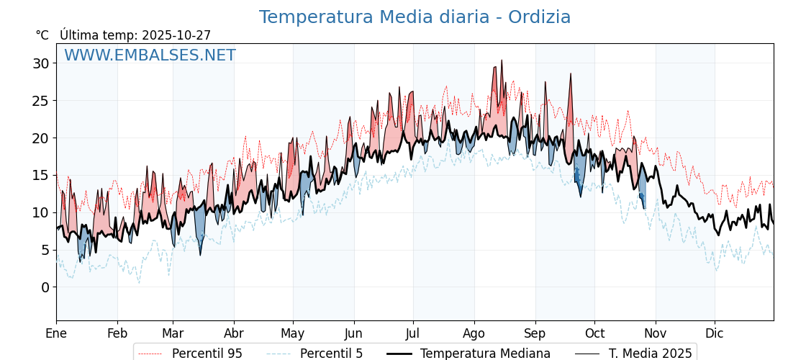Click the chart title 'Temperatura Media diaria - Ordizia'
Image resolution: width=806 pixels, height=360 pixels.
point(415,17)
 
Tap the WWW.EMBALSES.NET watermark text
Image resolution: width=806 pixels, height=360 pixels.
point(150,55)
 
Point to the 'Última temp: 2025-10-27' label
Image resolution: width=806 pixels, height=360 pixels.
point(135,35)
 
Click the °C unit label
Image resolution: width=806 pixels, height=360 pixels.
point(42,35)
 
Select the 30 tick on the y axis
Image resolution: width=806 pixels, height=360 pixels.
point(40,63)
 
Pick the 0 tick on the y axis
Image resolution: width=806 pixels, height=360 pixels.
point(45,287)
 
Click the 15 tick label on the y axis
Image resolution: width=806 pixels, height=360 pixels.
point(40,175)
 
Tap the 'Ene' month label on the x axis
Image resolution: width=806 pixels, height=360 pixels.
point(56,333)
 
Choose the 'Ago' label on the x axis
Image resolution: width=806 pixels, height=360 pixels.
point(474,333)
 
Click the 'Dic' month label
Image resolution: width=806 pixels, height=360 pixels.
point(715,333)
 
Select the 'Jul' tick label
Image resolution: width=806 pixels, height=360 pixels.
point(413,333)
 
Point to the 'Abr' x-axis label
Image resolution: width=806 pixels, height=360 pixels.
point(234,333)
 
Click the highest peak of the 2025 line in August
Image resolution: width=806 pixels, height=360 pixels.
point(502,60)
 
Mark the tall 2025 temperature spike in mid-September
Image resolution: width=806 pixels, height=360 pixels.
point(571,74)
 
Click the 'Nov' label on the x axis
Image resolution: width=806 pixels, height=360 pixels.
point(655,333)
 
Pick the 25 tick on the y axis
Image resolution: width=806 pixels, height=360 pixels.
point(40,101)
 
